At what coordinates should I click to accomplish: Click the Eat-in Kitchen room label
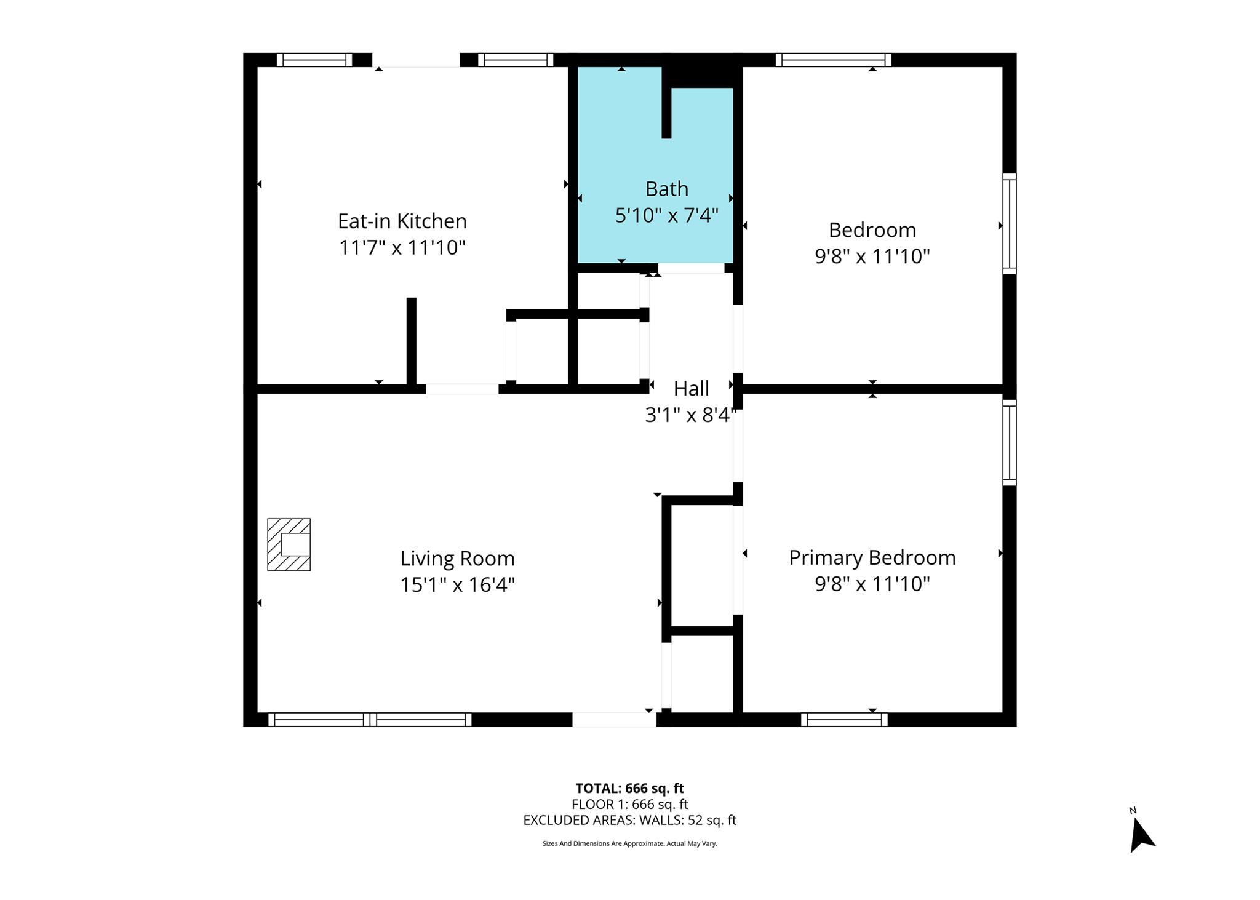(402, 221)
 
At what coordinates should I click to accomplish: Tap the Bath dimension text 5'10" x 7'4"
(667, 215)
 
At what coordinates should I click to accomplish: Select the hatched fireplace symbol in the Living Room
(289, 544)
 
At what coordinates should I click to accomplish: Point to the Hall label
(691, 388)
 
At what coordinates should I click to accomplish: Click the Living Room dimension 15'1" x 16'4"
(457, 584)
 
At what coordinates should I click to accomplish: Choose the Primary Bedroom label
(872, 557)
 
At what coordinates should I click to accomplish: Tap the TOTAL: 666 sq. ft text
(629, 788)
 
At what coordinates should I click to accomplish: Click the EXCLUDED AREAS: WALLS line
(629, 820)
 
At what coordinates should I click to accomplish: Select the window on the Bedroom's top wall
(834, 60)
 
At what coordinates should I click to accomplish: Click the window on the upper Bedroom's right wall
(1010, 224)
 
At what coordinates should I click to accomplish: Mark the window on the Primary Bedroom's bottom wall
(844, 719)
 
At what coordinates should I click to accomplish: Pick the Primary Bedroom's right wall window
(1010, 442)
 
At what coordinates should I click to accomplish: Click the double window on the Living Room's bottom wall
(370, 719)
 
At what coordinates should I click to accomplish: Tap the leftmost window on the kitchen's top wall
(314, 60)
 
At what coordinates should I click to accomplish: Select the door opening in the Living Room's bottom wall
(615, 719)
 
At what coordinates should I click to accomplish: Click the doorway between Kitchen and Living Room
(462, 389)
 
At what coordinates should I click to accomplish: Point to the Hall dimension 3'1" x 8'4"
(690, 415)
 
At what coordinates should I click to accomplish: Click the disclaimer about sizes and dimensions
(629, 843)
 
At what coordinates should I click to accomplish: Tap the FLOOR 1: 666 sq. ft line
(629, 804)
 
